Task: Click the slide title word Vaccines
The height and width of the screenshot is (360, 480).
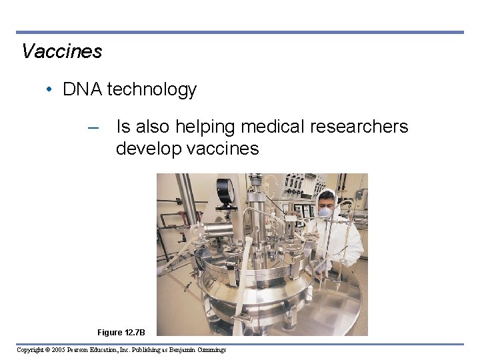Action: click(61, 51)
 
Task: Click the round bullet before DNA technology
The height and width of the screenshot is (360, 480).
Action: click(51, 89)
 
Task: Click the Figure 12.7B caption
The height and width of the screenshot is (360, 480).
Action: click(125, 332)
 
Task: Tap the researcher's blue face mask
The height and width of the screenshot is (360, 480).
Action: click(325, 213)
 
